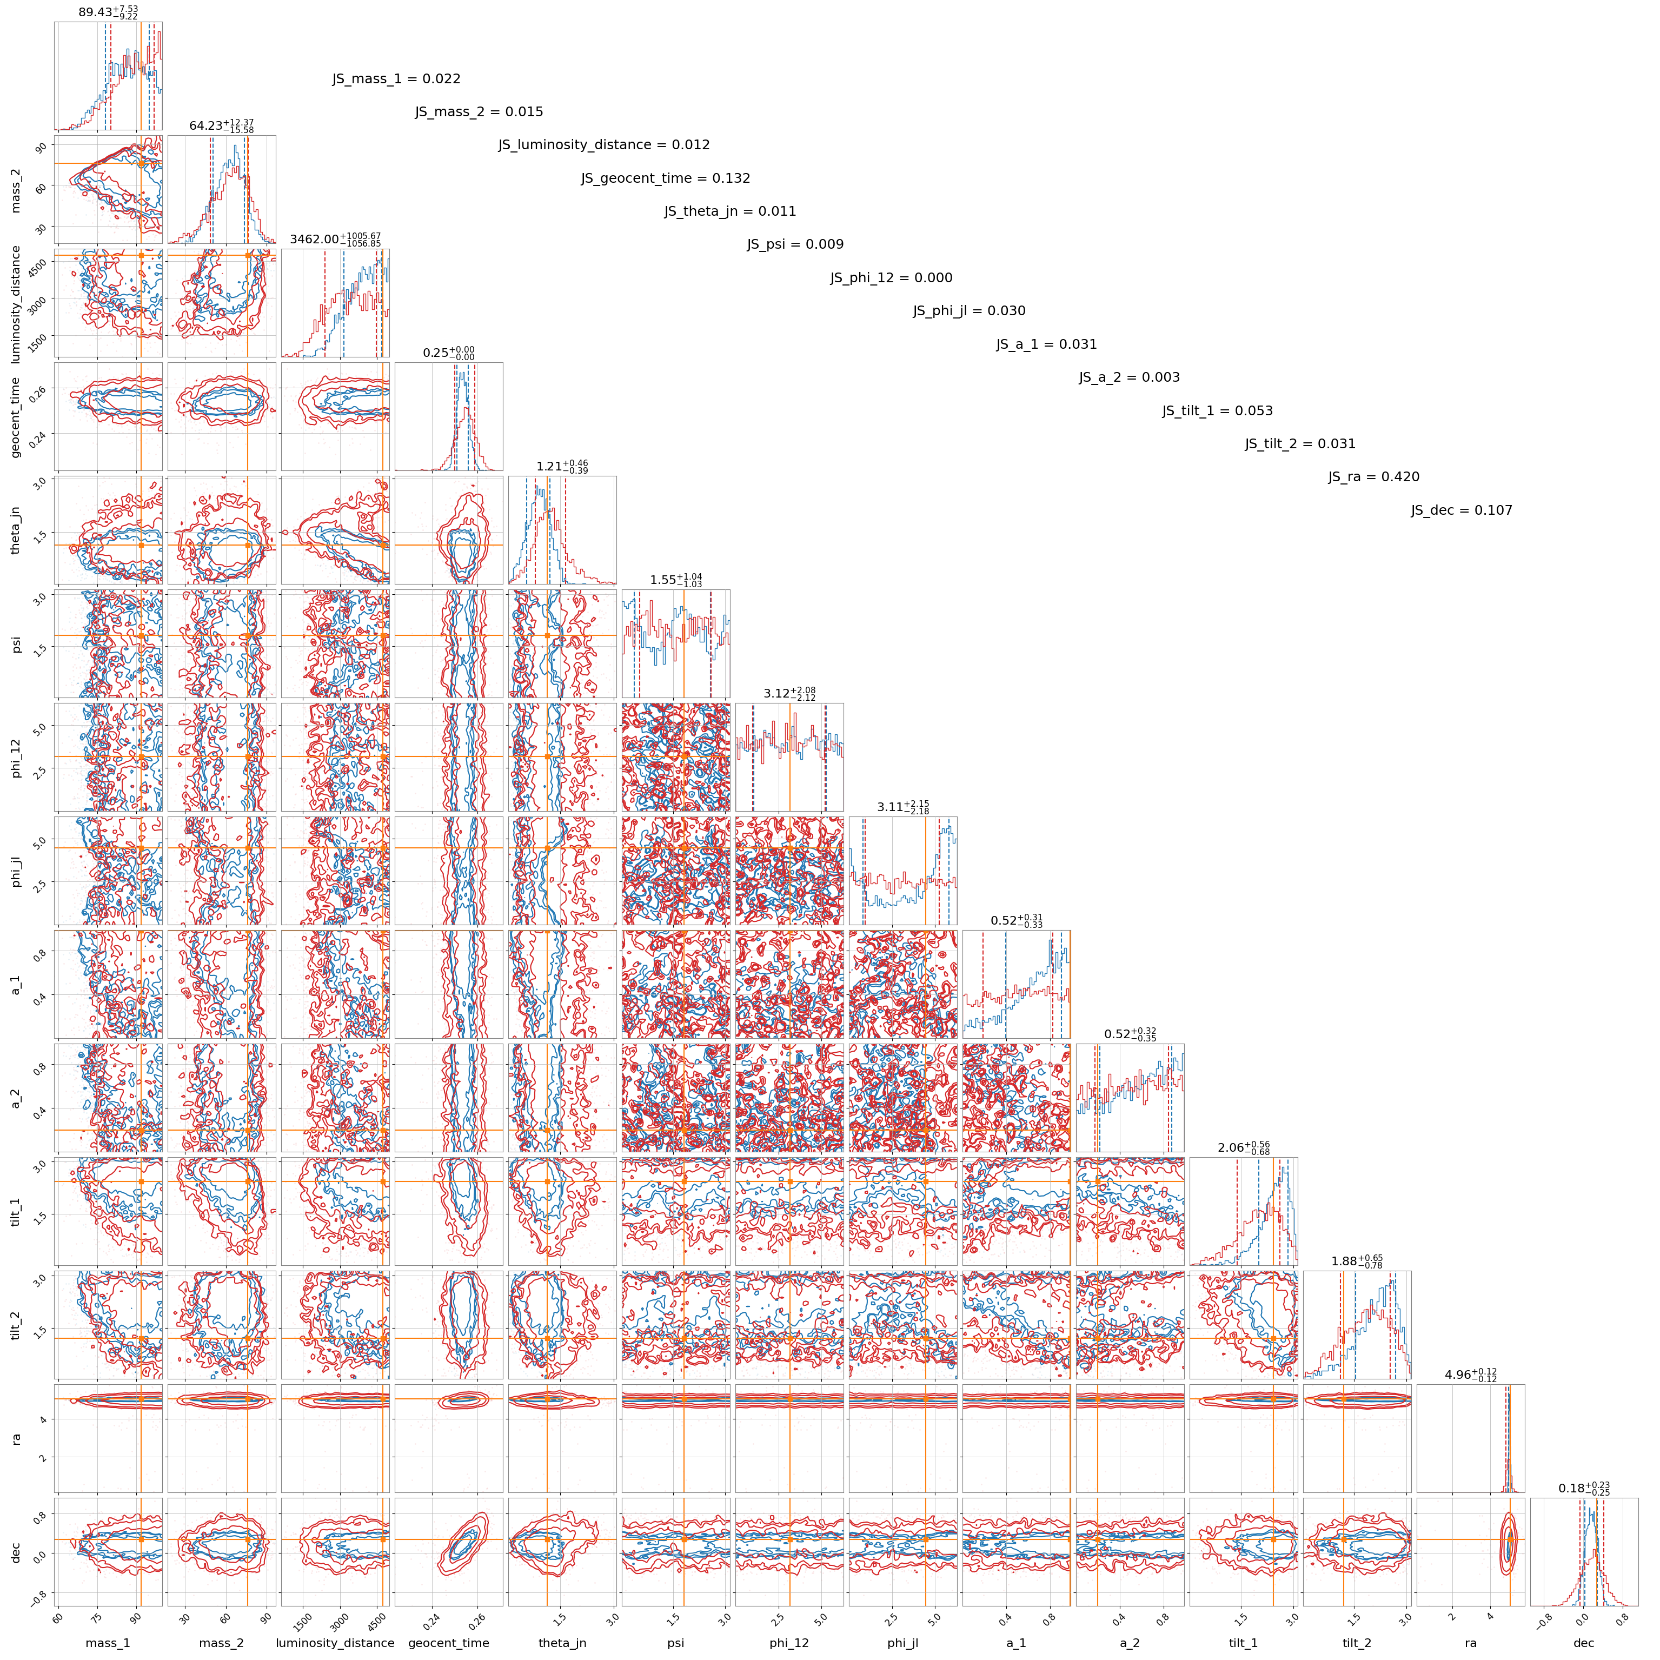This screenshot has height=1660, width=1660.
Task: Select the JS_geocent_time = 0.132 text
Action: [665, 179]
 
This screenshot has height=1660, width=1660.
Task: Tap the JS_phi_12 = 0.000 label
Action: [891, 277]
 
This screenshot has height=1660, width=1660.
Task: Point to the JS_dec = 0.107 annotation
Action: [1462, 510]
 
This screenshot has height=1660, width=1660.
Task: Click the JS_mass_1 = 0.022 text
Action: [396, 79]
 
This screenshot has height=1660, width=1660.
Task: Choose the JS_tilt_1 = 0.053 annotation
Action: [1218, 411]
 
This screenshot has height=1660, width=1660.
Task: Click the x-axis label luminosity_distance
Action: [335, 1643]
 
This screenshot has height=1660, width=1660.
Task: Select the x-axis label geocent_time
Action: [448, 1643]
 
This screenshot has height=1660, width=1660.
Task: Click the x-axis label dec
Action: [1584, 1643]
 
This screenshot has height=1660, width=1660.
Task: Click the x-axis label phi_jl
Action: [902, 1643]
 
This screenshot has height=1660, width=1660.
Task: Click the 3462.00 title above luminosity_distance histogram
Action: [335, 239]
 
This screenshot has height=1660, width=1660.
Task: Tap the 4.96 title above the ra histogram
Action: [1470, 1375]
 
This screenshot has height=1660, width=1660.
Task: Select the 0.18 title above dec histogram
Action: [1584, 1488]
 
